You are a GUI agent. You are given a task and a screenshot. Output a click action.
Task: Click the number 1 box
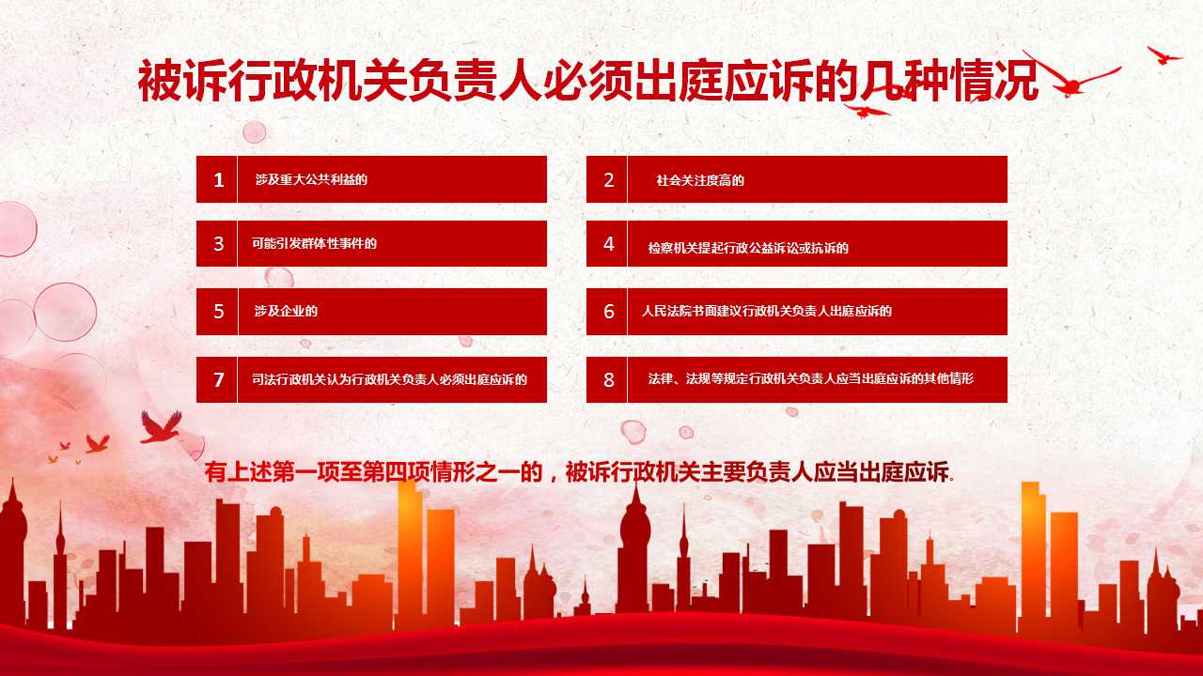coord(216,179)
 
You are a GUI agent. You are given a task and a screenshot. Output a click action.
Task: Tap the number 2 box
coord(606,179)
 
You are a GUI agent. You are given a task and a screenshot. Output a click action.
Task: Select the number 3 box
coord(216,243)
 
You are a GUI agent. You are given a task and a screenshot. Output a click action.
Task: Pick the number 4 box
coord(606,243)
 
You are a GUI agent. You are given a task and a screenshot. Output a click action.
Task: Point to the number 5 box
coord(216,312)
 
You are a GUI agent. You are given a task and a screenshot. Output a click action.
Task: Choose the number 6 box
coord(606,312)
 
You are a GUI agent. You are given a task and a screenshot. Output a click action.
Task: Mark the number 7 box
coord(216,380)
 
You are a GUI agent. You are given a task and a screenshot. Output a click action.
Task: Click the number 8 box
coord(606,380)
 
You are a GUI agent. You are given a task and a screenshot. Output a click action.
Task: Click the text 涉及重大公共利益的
coord(311,179)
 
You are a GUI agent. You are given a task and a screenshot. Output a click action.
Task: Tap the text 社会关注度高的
coord(700,180)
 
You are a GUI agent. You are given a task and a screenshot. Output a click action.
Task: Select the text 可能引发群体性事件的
coord(314,243)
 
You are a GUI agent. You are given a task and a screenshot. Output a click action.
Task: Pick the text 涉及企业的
coord(286,311)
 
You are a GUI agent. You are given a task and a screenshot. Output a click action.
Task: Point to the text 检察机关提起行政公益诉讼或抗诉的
coord(748,248)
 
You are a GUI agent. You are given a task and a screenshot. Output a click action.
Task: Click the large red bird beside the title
coord(1071,81)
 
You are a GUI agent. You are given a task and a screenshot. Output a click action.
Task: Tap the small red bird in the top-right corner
coord(1164,55)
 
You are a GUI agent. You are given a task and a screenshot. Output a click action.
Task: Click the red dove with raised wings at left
coord(161,427)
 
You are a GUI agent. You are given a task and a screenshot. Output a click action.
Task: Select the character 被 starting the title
coord(160,81)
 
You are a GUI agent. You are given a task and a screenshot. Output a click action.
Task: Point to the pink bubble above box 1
coord(255,132)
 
